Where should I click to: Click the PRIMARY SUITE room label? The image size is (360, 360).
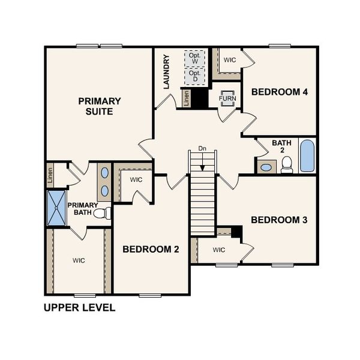pyautogui.click(x=100, y=106)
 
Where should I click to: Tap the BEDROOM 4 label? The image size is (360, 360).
pyautogui.click(x=280, y=92)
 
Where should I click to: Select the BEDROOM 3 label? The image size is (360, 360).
pyautogui.click(x=279, y=220)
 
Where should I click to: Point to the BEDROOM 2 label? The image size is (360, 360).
pyautogui.click(x=151, y=250)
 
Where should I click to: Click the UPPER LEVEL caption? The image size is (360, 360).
pyautogui.click(x=79, y=308)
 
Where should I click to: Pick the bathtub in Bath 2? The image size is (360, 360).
pyautogui.click(x=306, y=156)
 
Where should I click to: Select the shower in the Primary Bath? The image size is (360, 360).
pyautogui.click(x=57, y=207)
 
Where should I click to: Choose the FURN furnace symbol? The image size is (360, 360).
pyautogui.click(x=228, y=98)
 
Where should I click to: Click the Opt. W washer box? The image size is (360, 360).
pyautogui.click(x=194, y=58)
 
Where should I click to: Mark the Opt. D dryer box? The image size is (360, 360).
pyautogui.click(x=194, y=76)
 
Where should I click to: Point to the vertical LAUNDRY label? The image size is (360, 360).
pyautogui.click(x=167, y=72)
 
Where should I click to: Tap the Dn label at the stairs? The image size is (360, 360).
pyautogui.click(x=202, y=149)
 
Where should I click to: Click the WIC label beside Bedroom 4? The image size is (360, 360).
pyautogui.click(x=230, y=60)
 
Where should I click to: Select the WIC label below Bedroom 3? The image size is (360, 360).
pyautogui.click(x=218, y=250)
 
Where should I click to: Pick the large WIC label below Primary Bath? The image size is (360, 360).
pyautogui.click(x=79, y=260)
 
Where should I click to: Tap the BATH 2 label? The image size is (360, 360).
pyautogui.click(x=281, y=146)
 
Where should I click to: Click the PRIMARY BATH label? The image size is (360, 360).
pyautogui.click(x=83, y=208)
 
